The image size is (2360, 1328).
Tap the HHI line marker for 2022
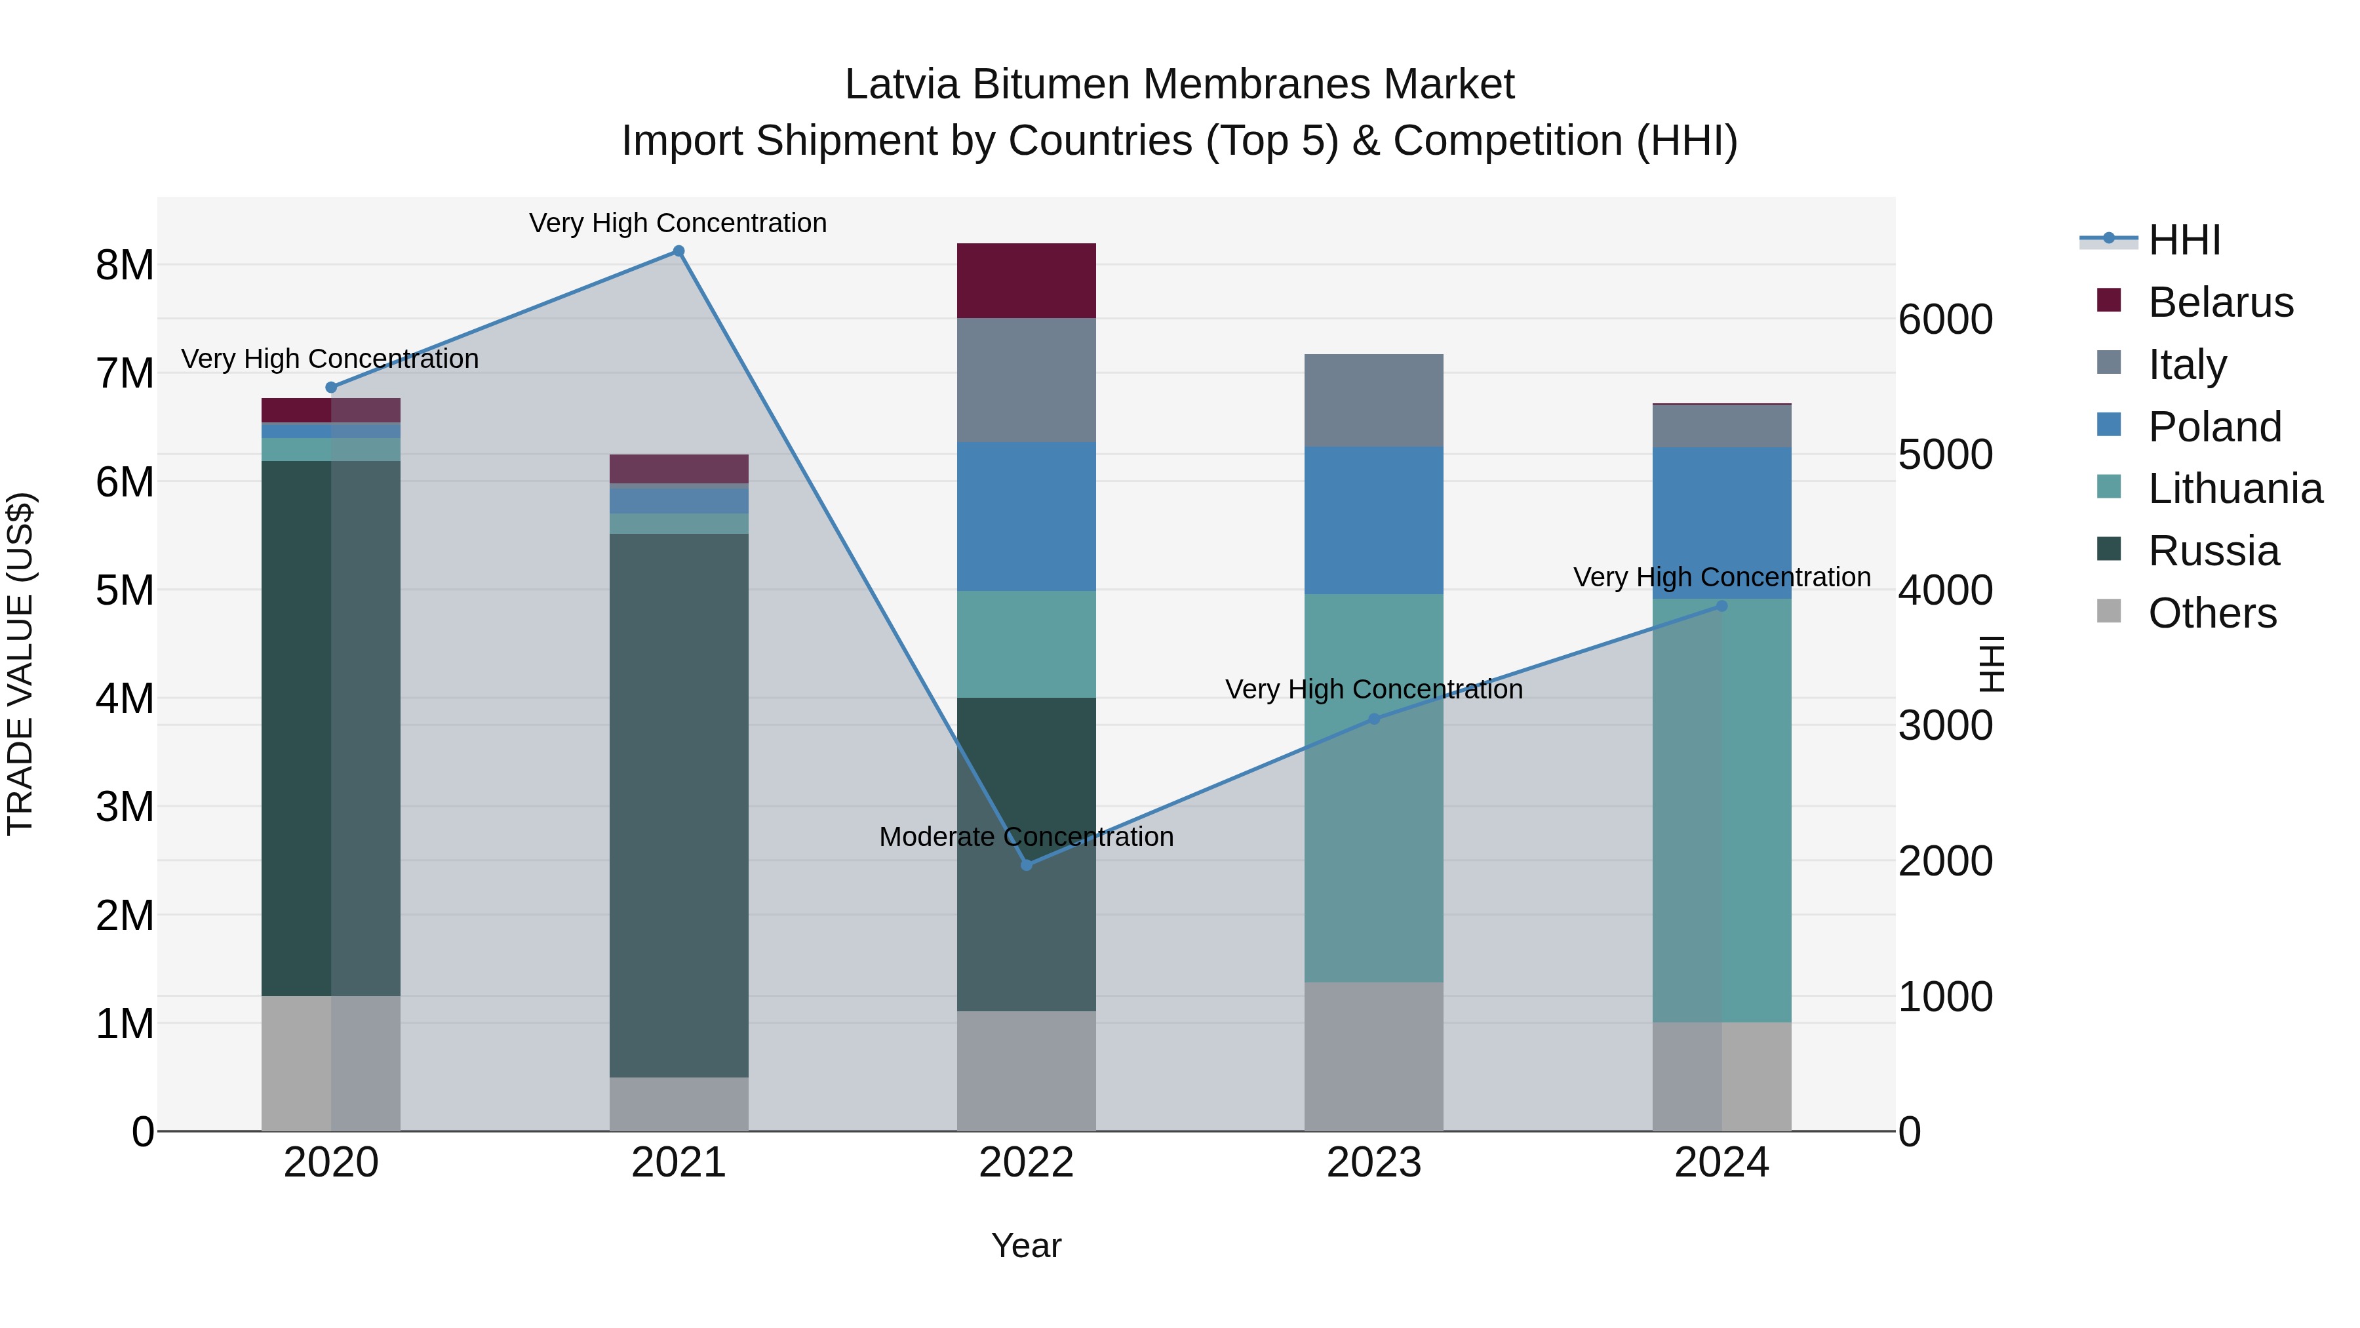coord(1026,864)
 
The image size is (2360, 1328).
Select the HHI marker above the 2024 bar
coord(1721,606)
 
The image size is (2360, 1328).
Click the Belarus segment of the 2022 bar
coord(1026,281)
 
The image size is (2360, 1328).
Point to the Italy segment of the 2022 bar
coord(1026,380)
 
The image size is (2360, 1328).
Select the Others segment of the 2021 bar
coord(679,1104)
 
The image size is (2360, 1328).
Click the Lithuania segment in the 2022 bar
coord(1026,643)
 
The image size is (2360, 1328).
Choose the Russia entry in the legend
coord(2212,551)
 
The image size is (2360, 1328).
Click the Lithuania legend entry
coord(2235,489)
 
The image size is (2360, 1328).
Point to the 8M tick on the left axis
coord(125,265)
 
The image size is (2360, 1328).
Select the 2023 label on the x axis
coord(1373,1162)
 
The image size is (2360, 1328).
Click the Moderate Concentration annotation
coord(1026,837)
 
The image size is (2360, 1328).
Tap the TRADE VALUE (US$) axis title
coord(20,664)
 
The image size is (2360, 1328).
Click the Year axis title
coord(1026,1245)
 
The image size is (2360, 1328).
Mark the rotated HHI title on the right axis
coord(1991,664)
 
